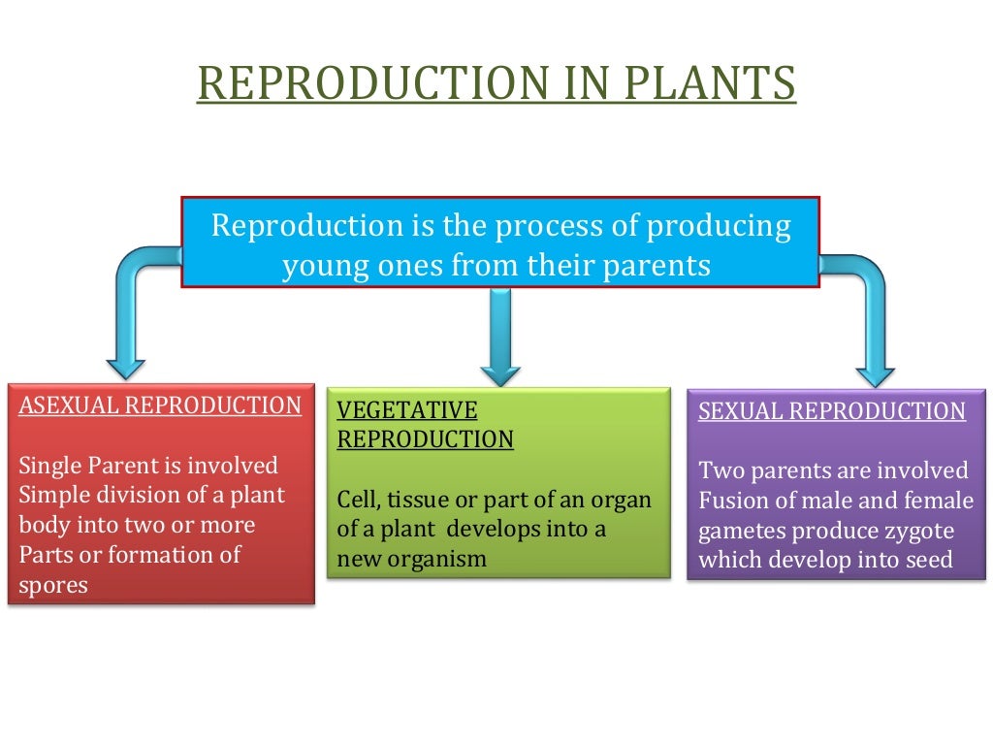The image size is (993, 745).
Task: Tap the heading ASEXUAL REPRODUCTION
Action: [x=161, y=405]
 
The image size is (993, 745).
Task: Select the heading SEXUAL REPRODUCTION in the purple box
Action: [x=832, y=411]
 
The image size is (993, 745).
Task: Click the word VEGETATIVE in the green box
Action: [x=407, y=409]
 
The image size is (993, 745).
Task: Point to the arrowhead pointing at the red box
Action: [x=126, y=368]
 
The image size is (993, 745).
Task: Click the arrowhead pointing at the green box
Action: [x=500, y=372]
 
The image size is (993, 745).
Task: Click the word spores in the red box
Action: [x=53, y=586]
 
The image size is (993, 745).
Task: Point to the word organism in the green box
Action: [x=438, y=560]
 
